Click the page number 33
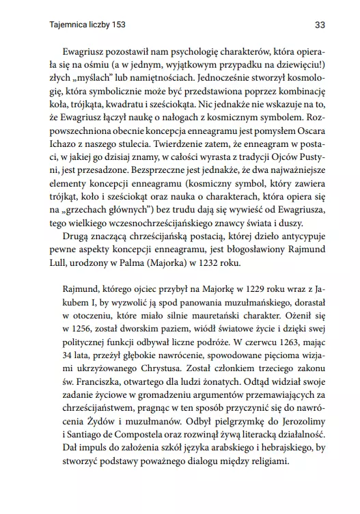tap(319, 25)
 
